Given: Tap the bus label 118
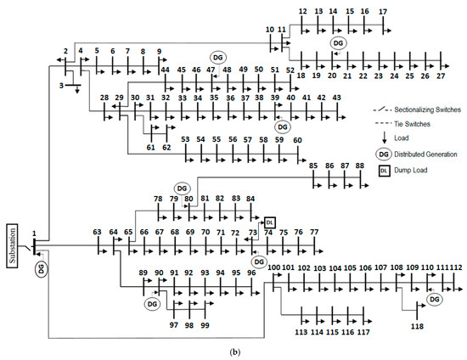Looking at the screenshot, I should click(x=417, y=326).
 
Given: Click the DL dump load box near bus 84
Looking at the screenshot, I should click(x=269, y=222).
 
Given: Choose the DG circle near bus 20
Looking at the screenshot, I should click(x=338, y=42).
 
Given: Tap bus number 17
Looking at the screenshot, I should click(x=383, y=11).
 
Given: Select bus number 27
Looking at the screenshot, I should click(x=440, y=76).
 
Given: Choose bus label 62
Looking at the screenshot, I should click(x=166, y=147).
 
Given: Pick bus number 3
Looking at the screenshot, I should click(x=60, y=85).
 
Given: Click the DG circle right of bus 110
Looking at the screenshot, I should click(x=434, y=300).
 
